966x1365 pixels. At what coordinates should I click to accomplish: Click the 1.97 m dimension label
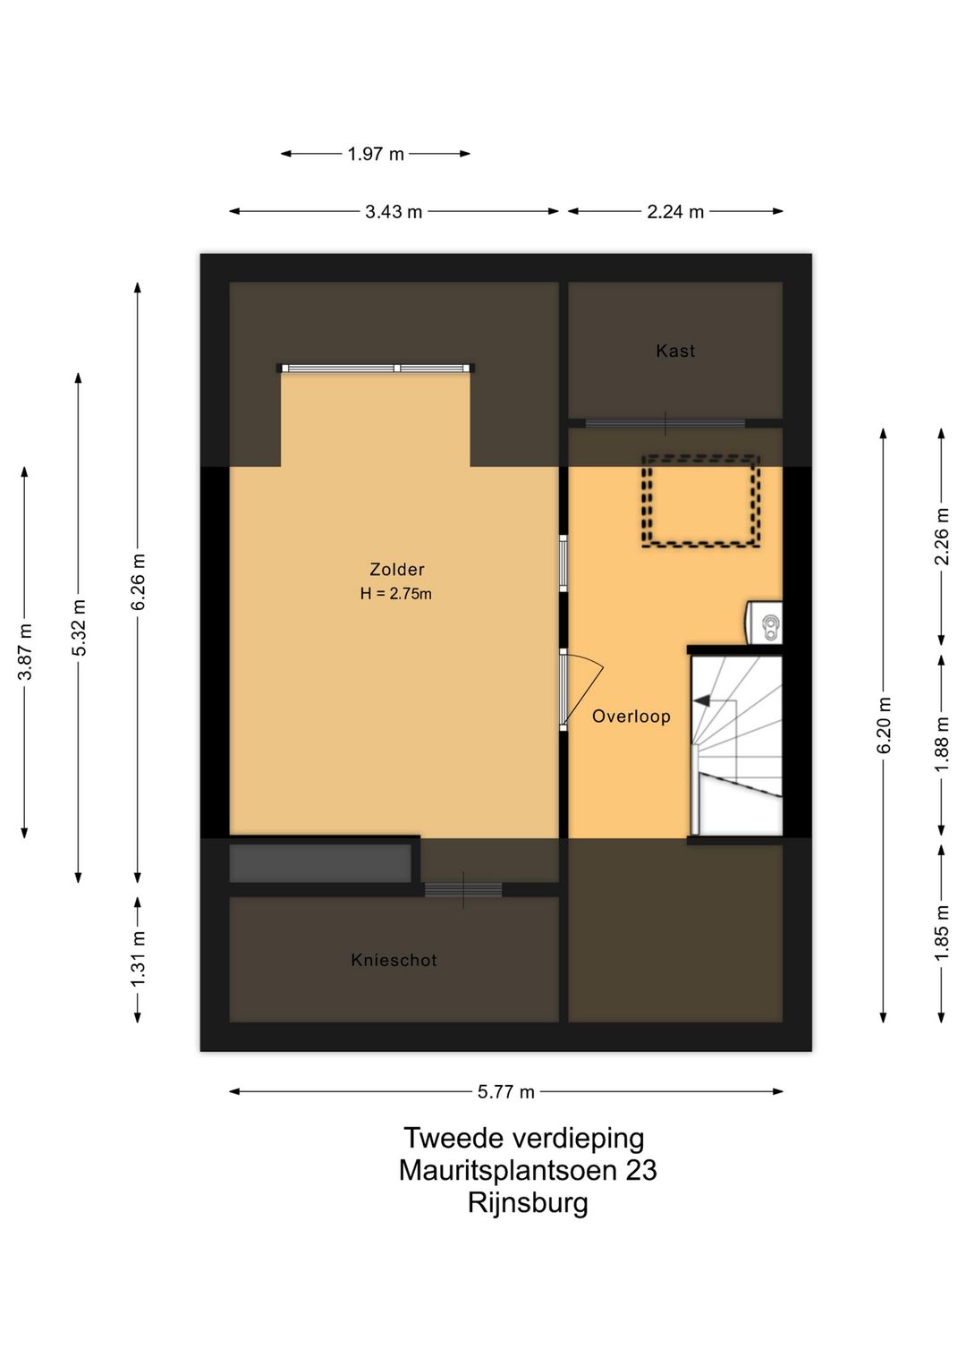(x=376, y=154)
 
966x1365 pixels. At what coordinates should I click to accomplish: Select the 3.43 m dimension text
(x=393, y=211)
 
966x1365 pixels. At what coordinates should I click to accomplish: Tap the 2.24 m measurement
(x=675, y=211)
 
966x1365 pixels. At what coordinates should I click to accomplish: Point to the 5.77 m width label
(x=505, y=1091)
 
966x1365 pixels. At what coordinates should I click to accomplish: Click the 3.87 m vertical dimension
(x=25, y=651)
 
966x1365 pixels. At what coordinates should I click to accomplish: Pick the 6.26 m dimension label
(x=139, y=582)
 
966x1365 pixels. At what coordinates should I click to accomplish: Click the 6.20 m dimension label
(x=884, y=725)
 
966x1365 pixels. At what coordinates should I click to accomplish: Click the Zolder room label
(x=397, y=569)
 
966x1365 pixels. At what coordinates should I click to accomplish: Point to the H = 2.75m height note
(x=395, y=594)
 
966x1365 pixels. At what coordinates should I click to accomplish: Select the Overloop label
(x=631, y=716)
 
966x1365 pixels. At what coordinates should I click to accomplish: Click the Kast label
(x=675, y=351)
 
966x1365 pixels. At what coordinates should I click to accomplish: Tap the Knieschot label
(x=394, y=960)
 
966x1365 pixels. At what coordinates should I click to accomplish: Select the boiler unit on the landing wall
(x=764, y=623)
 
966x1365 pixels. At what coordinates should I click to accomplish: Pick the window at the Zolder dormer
(x=376, y=368)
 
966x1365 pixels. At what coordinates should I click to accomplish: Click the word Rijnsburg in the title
(x=528, y=1202)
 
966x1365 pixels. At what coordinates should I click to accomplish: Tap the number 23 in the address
(x=640, y=1170)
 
